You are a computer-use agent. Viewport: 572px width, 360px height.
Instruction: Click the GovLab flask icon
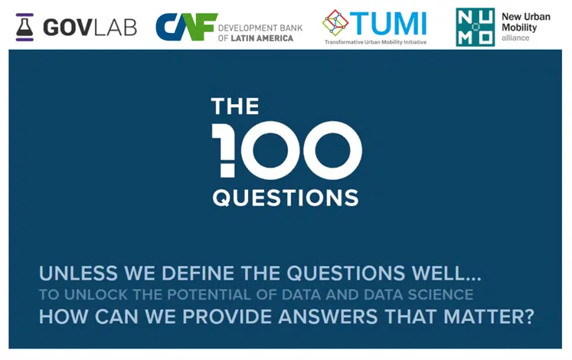pos(25,28)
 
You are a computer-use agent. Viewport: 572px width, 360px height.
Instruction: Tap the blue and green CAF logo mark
pos(186,27)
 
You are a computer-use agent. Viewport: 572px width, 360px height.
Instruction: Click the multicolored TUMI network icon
pos(335,23)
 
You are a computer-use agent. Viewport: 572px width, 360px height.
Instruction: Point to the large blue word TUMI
pos(388,24)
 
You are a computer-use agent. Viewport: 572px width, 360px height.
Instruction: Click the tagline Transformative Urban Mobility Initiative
pos(375,42)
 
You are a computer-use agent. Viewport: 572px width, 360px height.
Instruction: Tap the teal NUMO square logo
pos(475,28)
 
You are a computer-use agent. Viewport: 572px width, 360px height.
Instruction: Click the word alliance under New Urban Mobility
pos(515,38)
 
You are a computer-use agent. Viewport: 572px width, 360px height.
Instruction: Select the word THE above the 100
pos(235,106)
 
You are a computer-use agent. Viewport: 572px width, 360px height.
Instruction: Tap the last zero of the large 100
pos(332,150)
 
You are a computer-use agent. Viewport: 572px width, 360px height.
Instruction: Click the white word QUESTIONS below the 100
pos(286,198)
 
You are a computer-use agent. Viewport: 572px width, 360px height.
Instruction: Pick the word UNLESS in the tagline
pos(78,273)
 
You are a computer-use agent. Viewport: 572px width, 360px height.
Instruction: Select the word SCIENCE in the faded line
pos(440,295)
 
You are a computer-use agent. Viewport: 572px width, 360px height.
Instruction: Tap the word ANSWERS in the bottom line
pos(328,316)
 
